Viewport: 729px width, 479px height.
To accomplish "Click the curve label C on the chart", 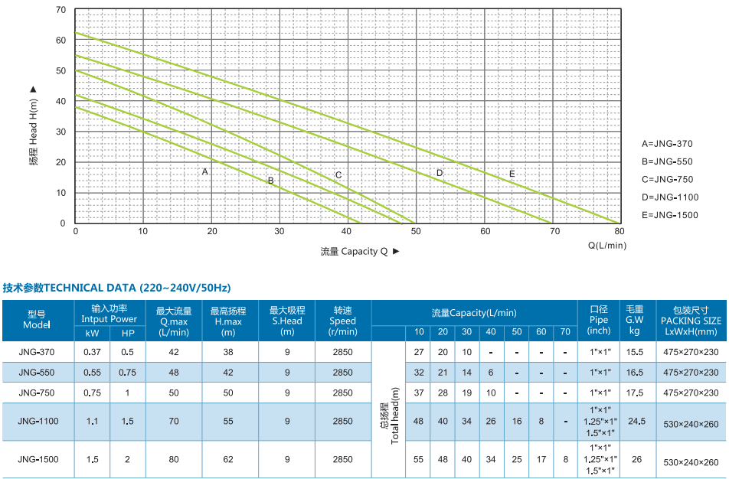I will [x=338, y=175].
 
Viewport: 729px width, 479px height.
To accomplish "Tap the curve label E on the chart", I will [x=512, y=174].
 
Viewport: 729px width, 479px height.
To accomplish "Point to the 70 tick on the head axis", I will [x=60, y=10].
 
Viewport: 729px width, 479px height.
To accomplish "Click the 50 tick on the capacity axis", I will [x=415, y=231].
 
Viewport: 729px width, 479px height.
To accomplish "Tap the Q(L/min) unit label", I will [x=606, y=245].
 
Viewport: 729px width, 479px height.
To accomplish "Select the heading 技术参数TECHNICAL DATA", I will [x=116, y=288].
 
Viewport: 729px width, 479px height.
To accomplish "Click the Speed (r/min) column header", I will [x=342, y=321].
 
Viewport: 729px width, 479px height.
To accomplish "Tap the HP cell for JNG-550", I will [x=127, y=373].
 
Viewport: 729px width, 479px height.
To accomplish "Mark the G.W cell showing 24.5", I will [x=634, y=421].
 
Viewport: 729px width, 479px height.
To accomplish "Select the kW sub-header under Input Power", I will [x=92, y=333].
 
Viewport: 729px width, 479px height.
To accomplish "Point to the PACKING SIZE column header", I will [x=691, y=321].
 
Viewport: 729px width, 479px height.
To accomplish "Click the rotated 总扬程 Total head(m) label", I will [x=388, y=415].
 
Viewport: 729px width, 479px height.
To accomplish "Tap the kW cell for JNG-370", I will [x=92, y=352].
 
